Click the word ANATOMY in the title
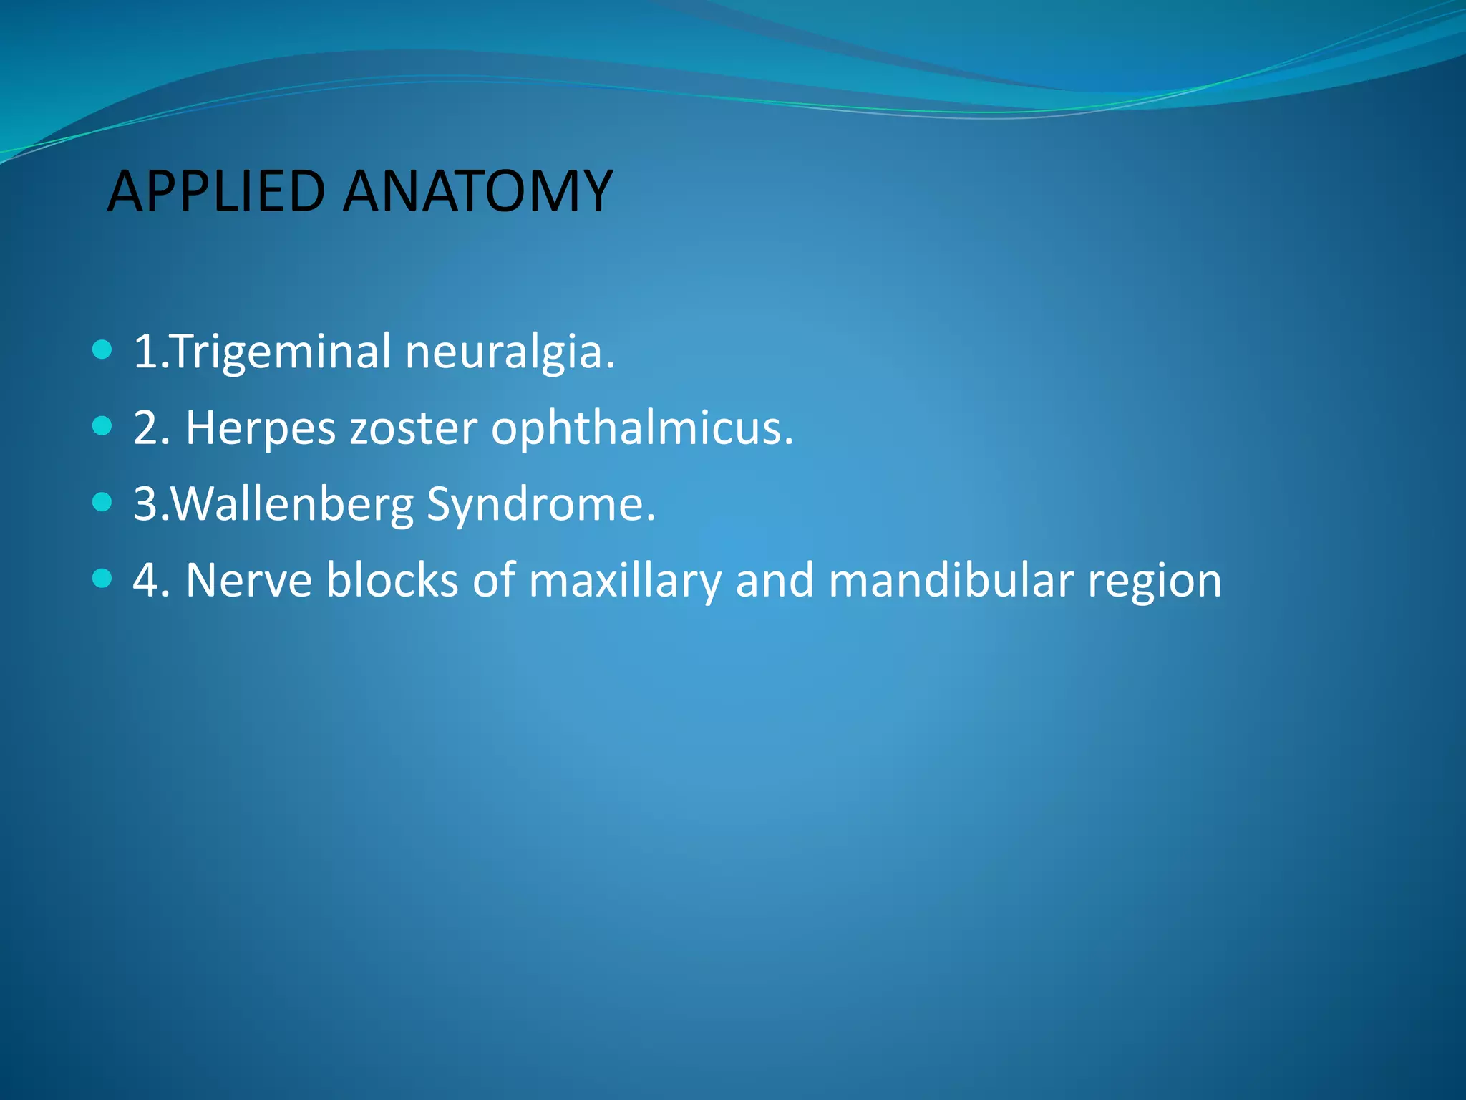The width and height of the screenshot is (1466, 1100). [477, 191]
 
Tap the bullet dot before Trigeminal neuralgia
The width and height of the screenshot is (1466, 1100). [102, 350]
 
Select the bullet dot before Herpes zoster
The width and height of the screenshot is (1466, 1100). [102, 427]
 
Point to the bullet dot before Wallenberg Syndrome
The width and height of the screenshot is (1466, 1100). [102, 502]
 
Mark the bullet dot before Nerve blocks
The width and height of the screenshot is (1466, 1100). [102, 578]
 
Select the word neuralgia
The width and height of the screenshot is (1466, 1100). [509, 352]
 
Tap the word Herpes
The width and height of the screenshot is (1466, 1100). [261, 428]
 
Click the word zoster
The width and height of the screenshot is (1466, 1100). [413, 428]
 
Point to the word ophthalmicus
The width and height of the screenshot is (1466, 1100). [641, 428]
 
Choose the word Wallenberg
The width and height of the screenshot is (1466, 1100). [293, 504]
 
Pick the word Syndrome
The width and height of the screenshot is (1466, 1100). [540, 504]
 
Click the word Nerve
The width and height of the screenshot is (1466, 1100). [248, 580]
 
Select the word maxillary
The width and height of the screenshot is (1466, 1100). [625, 580]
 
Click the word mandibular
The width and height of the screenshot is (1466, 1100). [950, 580]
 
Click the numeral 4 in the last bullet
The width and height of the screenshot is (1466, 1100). [145, 580]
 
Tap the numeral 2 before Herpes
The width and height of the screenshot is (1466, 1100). [145, 428]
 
